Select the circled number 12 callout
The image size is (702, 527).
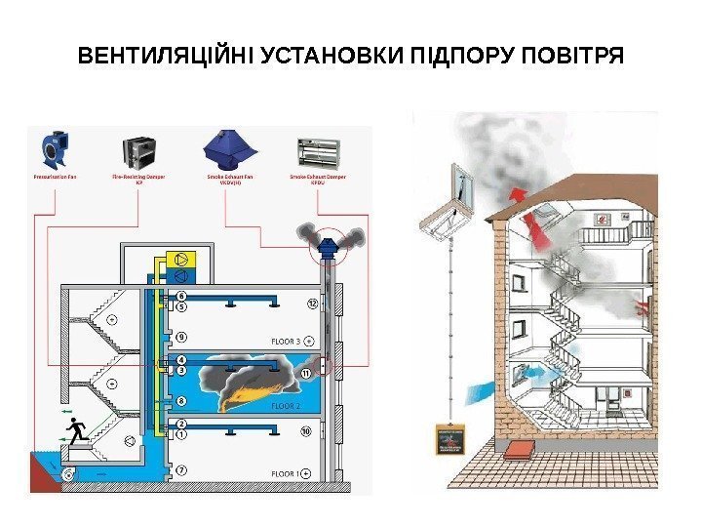[x=313, y=304]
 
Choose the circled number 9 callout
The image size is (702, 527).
[x=181, y=337]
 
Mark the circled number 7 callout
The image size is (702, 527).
[x=181, y=470]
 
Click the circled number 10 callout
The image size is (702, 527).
[x=305, y=430]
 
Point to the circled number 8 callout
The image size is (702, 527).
[x=181, y=401]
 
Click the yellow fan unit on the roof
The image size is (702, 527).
[x=182, y=260]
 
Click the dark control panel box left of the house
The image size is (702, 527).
[x=449, y=440]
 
